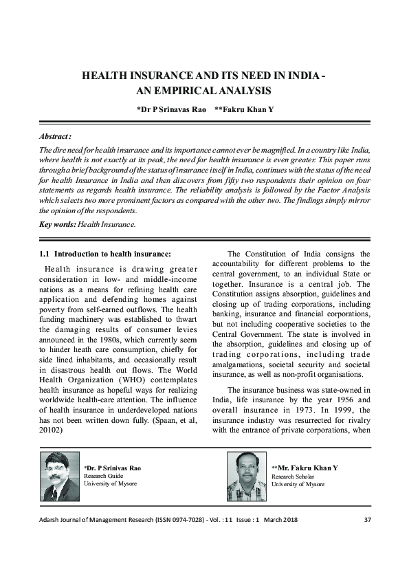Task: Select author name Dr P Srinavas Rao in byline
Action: tap(171, 109)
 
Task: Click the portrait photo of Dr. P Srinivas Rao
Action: tap(60, 477)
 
